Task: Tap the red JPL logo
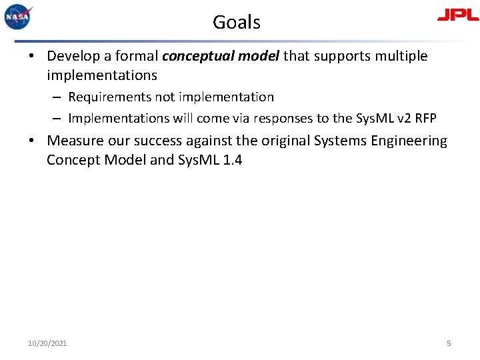[457, 15]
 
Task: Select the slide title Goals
[237, 22]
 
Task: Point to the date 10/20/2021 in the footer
[47, 343]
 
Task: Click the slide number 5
[449, 343]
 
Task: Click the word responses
[282, 119]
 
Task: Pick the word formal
[136, 56]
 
